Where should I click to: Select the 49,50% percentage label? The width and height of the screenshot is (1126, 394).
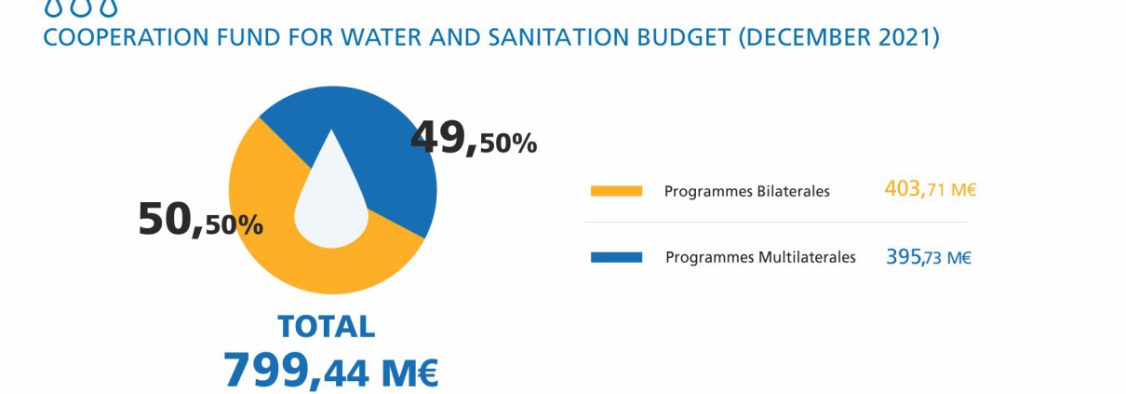tap(474, 138)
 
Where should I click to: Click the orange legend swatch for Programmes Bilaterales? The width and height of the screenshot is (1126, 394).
tap(616, 191)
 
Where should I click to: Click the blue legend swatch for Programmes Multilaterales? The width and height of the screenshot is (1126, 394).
tap(616, 258)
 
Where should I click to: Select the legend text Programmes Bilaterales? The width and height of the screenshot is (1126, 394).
tap(747, 192)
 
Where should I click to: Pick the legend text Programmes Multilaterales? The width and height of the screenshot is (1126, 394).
tap(760, 258)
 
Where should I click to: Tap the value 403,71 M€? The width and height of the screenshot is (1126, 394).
tap(931, 189)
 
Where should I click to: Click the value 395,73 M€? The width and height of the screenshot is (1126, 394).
tap(929, 257)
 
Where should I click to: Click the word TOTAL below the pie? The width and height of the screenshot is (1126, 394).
tap(327, 327)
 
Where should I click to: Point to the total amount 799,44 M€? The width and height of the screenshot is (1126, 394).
tap(330, 371)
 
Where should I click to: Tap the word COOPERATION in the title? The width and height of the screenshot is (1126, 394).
tap(126, 38)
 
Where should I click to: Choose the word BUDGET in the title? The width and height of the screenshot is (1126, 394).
tap(684, 38)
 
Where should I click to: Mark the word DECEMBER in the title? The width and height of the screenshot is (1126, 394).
tap(809, 38)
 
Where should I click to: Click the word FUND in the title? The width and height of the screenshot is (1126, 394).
tap(248, 38)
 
